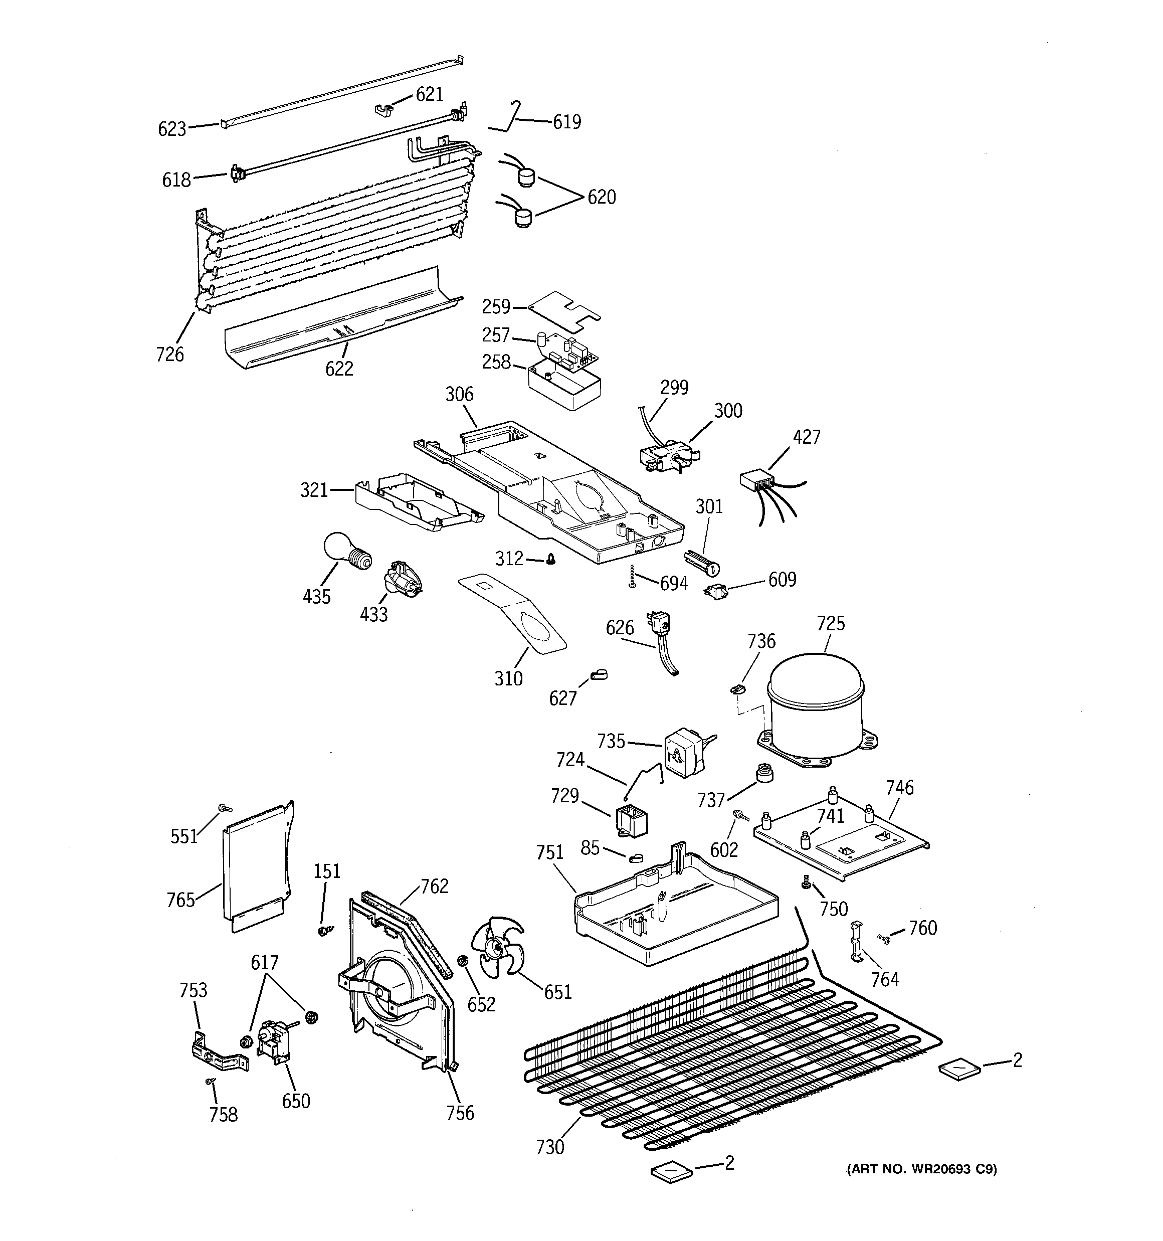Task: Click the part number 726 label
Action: coord(170,354)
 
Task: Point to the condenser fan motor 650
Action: coord(273,1039)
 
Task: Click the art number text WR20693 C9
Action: coord(921,1169)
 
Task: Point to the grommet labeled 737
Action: coord(763,773)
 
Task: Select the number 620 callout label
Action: coord(601,197)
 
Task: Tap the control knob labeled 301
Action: coord(702,561)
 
